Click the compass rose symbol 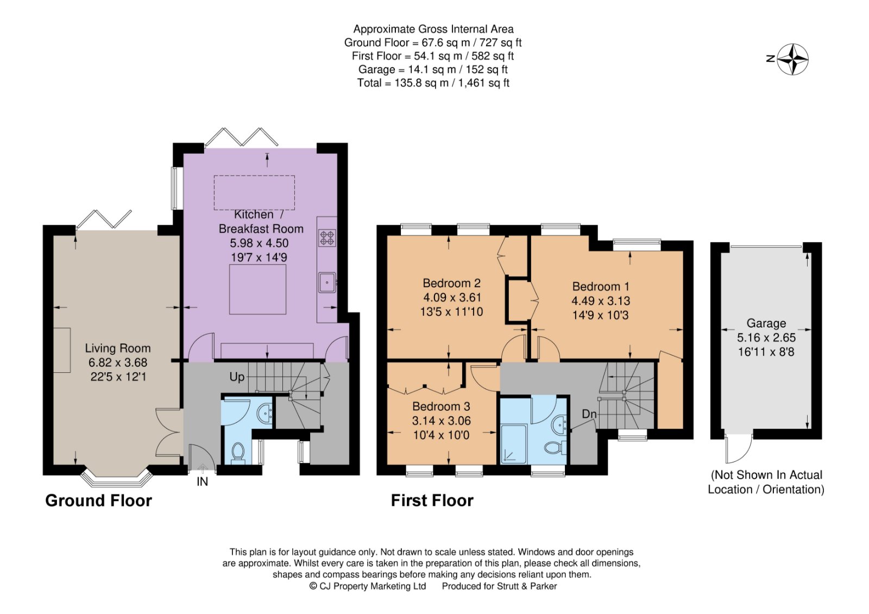click(792, 59)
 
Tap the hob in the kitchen click(327, 237)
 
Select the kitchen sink click(327, 282)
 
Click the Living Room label click(118, 348)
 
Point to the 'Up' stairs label click(237, 377)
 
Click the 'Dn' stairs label click(589, 414)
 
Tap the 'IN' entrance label click(202, 482)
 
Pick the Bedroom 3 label click(441, 406)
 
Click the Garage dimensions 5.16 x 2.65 click(766, 337)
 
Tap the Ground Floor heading click(98, 500)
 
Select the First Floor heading click(432, 500)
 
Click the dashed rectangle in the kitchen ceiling click(254, 192)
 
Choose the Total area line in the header click(433, 83)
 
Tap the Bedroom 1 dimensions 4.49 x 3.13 click(601, 301)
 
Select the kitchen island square click(257, 289)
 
